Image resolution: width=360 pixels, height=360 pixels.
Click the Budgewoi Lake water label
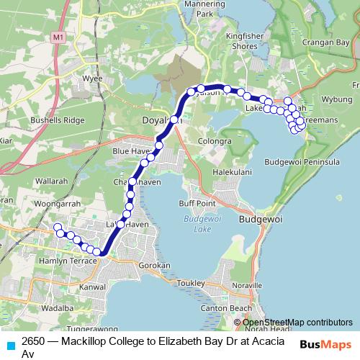194,224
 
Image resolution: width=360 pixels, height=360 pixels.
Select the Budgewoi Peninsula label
299,163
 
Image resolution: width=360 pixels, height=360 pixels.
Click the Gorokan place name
153,266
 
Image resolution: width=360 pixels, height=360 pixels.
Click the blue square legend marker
9,345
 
